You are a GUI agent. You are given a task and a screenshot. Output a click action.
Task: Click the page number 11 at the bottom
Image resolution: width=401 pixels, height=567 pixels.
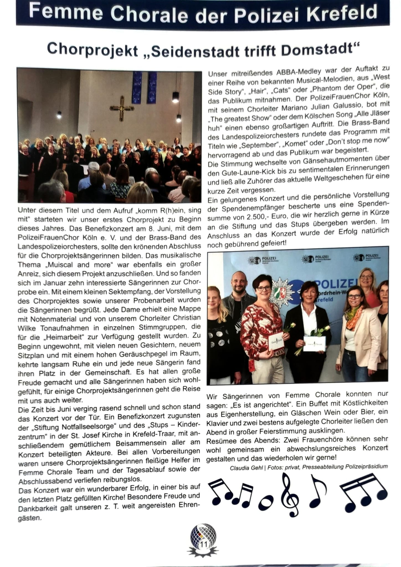pyautogui.click(x=203, y=544)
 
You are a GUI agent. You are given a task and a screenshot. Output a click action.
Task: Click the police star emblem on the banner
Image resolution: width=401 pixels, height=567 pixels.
pyautogui.click(x=281, y=292)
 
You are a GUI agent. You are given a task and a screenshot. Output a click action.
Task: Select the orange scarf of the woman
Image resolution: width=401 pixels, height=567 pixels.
pyautogui.click(x=354, y=317)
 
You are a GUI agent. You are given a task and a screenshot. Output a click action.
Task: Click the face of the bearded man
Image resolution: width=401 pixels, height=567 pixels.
pyautogui.click(x=239, y=282)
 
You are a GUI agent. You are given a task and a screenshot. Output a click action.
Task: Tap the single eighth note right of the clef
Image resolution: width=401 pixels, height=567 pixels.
pyautogui.click(x=317, y=491)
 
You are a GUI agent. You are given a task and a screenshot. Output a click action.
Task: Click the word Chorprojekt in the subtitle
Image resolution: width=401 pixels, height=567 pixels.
pyautogui.click(x=92, y=50)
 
